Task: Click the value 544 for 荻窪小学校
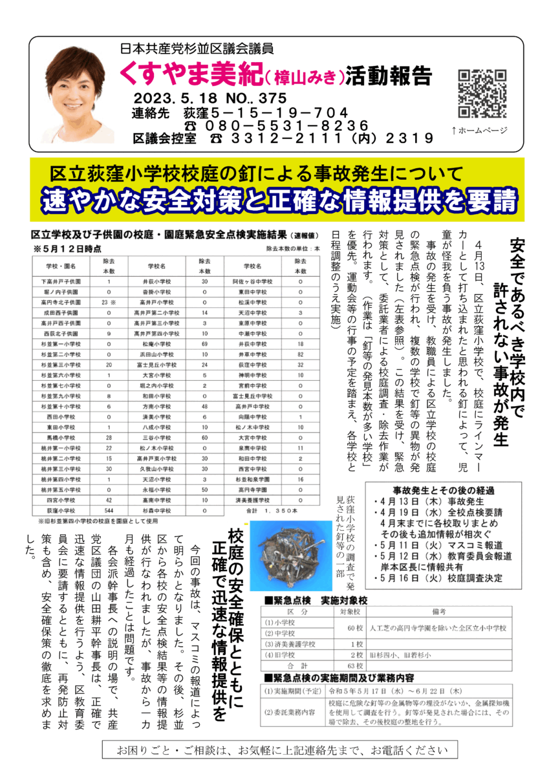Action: pos(109,510)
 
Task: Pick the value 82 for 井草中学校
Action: pos(300,355)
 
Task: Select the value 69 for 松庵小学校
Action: pos(205,344)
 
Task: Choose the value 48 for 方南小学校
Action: pos(205,407)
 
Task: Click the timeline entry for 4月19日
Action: pos(440,513)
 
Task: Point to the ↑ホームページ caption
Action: pos(479,130)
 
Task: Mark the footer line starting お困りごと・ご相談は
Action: pos(280,750)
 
